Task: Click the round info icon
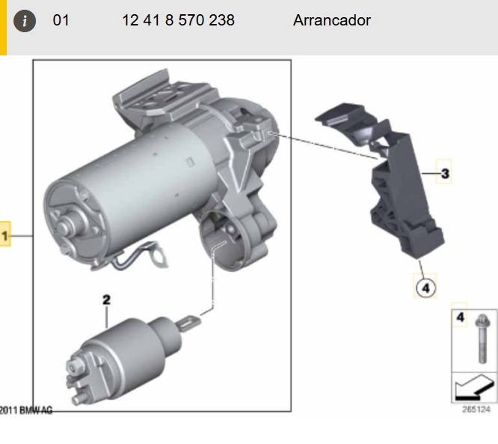(x=25, y=21)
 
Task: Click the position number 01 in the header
(x=61, y=20)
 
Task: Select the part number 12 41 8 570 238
(x=178, y=20)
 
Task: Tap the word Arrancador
(x=332, y=20)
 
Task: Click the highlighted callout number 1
(x=4, y=236)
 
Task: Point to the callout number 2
(x=106, y=300)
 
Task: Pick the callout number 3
(x=445, y=174)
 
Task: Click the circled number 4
(x=426, y=288)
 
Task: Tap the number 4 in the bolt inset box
(x=460, y=317)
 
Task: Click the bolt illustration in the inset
(x=482, y=338)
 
